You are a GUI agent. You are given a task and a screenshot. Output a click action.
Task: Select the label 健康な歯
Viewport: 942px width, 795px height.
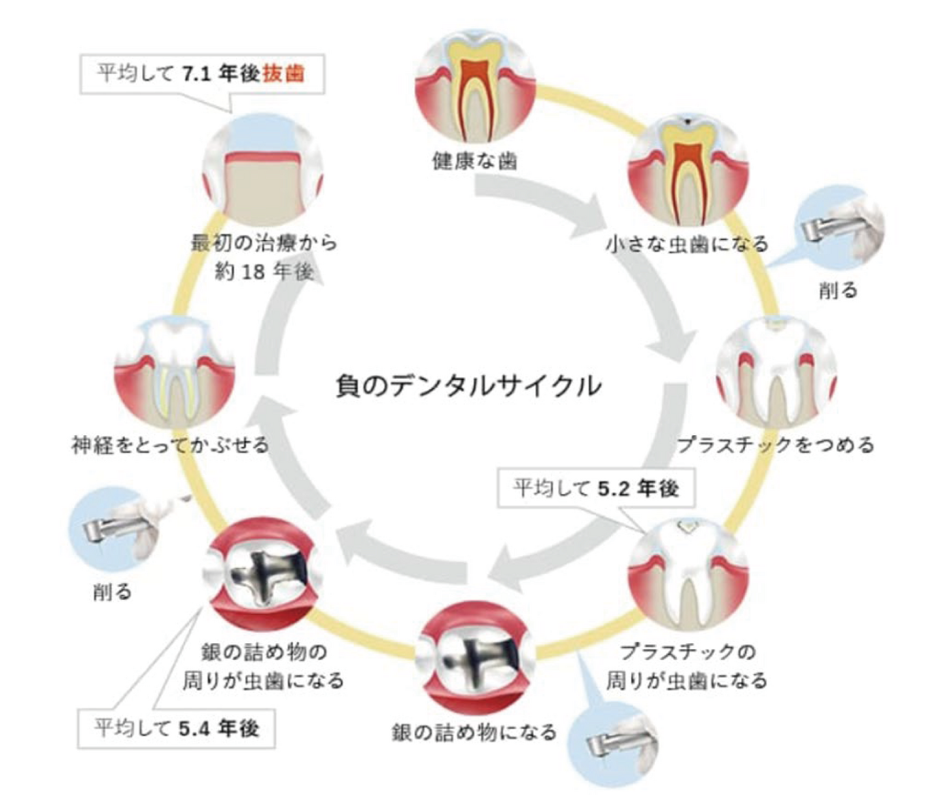(475, 160)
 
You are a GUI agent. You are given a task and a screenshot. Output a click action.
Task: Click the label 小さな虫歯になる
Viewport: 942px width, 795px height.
(687, 245)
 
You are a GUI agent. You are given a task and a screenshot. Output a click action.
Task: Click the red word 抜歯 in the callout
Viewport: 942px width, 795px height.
(284, 73)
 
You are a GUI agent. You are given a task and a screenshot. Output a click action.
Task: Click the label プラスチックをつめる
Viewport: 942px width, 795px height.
(775, 446)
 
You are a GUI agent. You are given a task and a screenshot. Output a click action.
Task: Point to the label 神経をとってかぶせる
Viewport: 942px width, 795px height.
(170, 446)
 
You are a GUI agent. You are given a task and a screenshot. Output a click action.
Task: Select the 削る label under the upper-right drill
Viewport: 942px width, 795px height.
(838, 290)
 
